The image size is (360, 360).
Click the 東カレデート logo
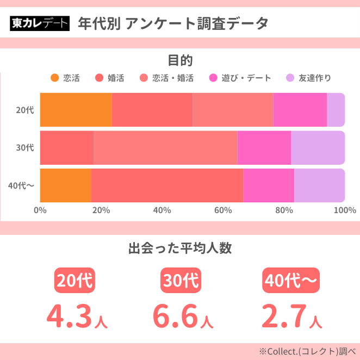[x=40, y=23]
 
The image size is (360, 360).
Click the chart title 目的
[x=180, y=60]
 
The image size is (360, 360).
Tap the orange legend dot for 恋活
[x=54, y=78]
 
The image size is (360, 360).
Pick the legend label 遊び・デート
[x=246, y=78]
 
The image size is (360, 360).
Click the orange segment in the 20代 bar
[x=76, y=110]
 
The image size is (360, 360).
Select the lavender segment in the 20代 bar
[x=336, y=110]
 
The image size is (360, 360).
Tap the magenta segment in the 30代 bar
[x=264, y=147]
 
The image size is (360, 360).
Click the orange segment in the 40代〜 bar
[x=65, y=185]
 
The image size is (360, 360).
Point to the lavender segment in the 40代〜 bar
[x=319, y=185]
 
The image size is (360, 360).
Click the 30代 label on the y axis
[x=25, y=147]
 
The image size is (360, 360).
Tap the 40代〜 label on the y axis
[x=21, y=185]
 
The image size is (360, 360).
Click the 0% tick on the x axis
[x=40, y=210]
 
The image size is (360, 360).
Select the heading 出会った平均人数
[x=180, y=249]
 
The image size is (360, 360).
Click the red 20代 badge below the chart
[x=75, y=281]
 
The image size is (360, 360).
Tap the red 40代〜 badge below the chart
[x=290, y=281]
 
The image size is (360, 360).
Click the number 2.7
[x=283, y=315]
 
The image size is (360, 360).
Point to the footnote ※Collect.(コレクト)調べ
[x=307, y=351]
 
